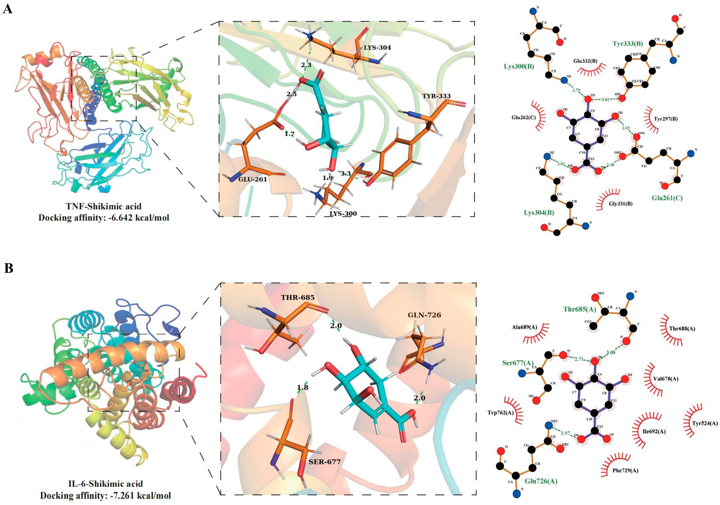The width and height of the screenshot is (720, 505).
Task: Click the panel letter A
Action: click(8, 9)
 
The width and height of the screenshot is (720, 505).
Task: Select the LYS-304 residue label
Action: click(377, 48)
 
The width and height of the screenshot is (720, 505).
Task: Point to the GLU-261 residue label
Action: click(252, 179)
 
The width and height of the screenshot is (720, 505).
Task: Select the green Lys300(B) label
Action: click(519, 66)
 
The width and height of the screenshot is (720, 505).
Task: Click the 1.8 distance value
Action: click(303, 387)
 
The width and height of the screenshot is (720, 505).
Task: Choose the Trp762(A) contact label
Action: click(500, 412)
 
